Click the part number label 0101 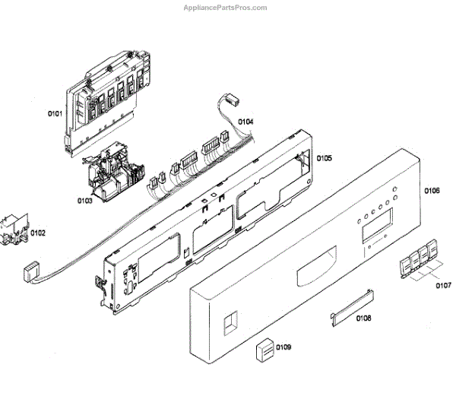point(55,114)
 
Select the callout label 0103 point(84,201)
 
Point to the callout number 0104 point(245,122)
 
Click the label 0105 point(324,159)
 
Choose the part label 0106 point(432,190)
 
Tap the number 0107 point(442,286)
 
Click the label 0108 point(363,318)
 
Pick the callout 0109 point(284,347)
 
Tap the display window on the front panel point(377,226)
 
